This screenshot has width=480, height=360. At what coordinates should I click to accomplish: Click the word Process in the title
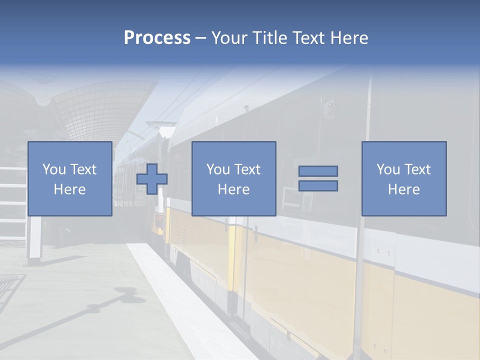tap(157, 38)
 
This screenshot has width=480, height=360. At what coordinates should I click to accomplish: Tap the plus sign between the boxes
tap(152, 179)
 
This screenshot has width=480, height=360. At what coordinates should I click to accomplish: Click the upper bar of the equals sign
tap(318, 171)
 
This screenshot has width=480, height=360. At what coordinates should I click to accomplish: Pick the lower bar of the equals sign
tap(318, 186)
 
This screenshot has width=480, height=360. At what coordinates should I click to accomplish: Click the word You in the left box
tap(53, 169)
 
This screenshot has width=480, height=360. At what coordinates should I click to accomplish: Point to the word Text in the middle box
tap(248, 169)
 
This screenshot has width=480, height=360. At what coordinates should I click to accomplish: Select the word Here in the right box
tap(404, 189)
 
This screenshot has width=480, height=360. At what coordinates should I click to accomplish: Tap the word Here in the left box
tap(70, 189)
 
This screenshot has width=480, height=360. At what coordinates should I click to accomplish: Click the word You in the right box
tap(387, 169)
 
